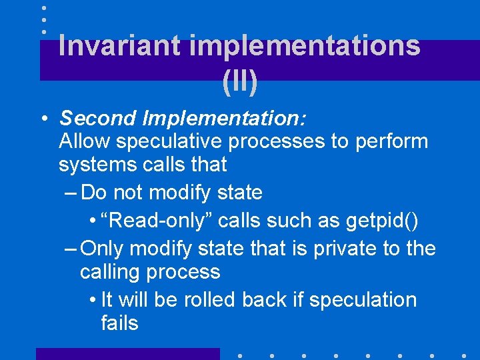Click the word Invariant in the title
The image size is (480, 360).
(x=119, y=45)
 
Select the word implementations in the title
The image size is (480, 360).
(x=305, y=45)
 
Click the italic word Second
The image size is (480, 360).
(x=98, y=118)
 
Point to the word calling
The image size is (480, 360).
(x=106, y=272)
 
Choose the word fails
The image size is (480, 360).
(x=119, y=323)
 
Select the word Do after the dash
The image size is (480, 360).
(x=94, y=193)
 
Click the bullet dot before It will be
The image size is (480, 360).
(x=91, y=301)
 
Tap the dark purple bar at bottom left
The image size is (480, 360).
(x=127, y=353)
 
